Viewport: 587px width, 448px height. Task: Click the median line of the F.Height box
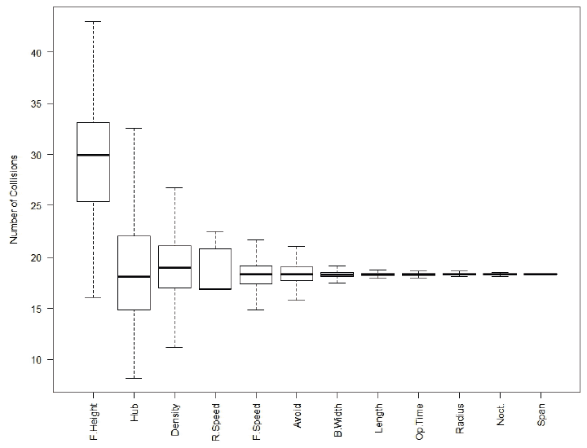pos(93,155)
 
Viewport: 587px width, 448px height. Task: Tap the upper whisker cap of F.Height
pos(93,22)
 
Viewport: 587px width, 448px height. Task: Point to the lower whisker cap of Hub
pos(134,378)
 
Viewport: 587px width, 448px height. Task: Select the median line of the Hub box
pos(134,276)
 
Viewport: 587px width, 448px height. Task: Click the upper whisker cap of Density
pos(174,187)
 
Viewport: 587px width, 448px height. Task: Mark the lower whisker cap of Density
pos(174,348)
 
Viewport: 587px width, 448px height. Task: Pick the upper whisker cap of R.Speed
pos(215,232)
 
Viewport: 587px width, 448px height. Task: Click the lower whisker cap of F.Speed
pos(256,310)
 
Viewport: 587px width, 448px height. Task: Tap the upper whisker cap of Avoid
pos(297,247)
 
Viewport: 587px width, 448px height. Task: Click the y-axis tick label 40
pos(36,52)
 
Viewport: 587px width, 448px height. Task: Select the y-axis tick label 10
pos(36,360)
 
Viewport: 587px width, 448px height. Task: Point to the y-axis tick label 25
pos(36,205)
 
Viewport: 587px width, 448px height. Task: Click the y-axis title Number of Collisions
pos(14,200)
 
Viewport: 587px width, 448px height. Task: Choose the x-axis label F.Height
pos(93,421)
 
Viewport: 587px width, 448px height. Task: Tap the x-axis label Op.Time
pos(419,421)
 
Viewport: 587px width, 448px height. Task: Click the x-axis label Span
pos(541,415)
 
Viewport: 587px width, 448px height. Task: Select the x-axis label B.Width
pos(338,420)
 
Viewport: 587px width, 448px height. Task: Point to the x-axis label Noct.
pos(501,415)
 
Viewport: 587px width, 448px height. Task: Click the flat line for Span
pos(541,275)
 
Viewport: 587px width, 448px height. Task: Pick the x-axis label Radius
pos(460,419)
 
